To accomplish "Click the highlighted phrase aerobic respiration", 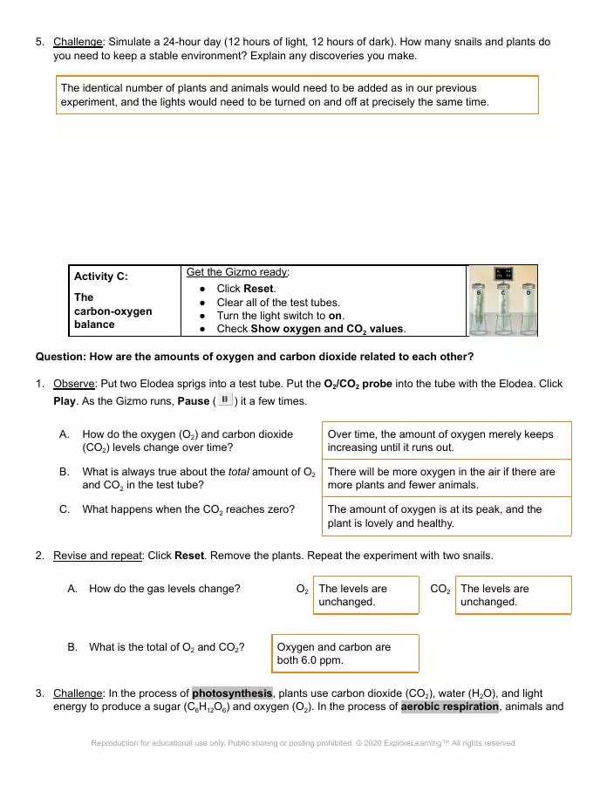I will (449, 707).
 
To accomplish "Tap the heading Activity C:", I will (100, 276).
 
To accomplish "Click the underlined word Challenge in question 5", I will (78, 42).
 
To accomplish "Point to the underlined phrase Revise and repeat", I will (99, 556).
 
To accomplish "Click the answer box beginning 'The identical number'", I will (297, 95).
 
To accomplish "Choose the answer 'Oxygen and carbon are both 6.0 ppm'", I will (344, 653).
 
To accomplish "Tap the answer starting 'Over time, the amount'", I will (448, 440).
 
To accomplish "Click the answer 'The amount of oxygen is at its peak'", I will (448, 515).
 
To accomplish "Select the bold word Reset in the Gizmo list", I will (258, 289).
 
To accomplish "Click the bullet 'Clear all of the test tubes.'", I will (283, 303).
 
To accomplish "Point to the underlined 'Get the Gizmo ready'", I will (237, 272).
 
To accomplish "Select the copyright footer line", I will (303, 743).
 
